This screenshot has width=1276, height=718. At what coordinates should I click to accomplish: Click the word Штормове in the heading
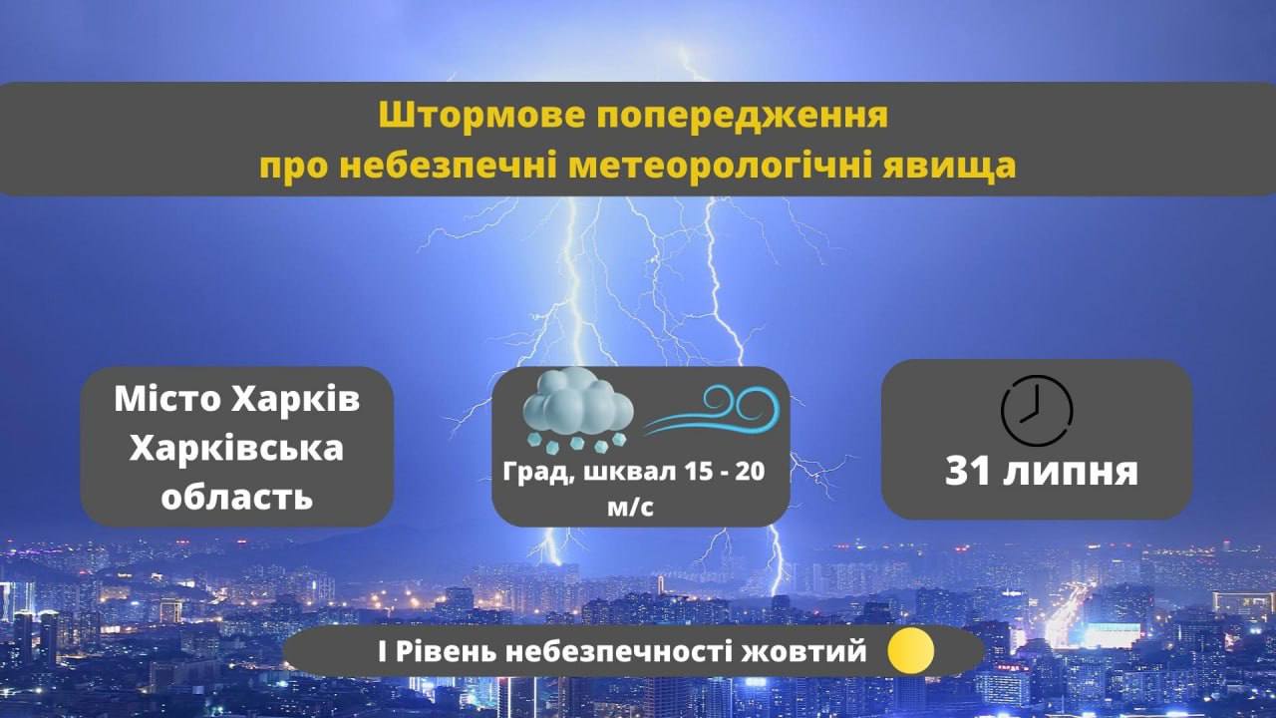[481, 116]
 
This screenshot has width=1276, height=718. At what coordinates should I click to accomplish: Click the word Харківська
[237, 449]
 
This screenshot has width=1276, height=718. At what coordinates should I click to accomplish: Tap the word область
[237, 496]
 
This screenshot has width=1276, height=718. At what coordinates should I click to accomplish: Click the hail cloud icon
[577, 410]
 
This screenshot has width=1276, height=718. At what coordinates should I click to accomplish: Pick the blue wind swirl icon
[712, 410]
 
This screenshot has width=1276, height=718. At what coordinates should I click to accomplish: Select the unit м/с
[631, 508]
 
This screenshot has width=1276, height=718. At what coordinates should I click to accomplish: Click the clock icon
[1037, 410]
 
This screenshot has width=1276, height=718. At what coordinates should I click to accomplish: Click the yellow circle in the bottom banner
[910, 650]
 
